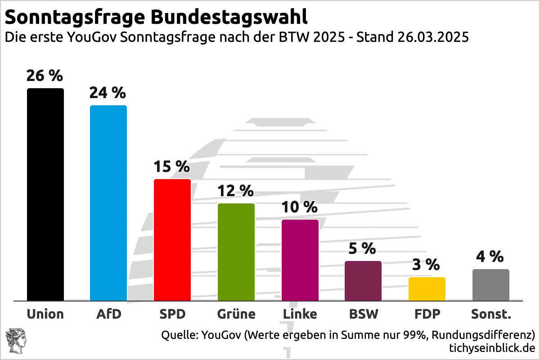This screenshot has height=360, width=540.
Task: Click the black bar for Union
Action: click(x=45, y=194)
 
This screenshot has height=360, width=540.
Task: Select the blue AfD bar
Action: click(x=108, y=203)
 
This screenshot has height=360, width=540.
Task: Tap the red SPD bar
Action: click(x=172, y=240)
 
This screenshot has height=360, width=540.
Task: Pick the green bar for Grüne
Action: click(x=236, y=252)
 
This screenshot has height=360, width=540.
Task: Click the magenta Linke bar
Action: click(x=300, y=260)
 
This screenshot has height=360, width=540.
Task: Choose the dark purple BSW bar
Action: click(x=364, y=281)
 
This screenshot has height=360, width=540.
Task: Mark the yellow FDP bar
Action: click(x=427, y=289)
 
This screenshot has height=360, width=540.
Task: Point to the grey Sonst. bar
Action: click(x=491, y=285)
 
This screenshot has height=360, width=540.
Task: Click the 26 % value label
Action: click(x=44, y=76)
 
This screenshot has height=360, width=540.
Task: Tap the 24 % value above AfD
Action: click(x=108, y=93)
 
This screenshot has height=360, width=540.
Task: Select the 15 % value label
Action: click(x=171, y=166)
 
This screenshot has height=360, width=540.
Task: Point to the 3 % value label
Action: click(x=426, y=265)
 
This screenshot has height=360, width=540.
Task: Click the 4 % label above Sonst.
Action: click(x=490, y=256)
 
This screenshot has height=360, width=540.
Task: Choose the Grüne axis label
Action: click(x=236, y=314)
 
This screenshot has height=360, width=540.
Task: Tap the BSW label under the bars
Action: click(x=364, y=314)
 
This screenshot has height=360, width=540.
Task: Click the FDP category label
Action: click(x=427, y=314)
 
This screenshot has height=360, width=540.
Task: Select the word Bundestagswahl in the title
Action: click(x=229, y=17)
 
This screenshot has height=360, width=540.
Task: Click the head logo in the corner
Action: click(x=15, y=341)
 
